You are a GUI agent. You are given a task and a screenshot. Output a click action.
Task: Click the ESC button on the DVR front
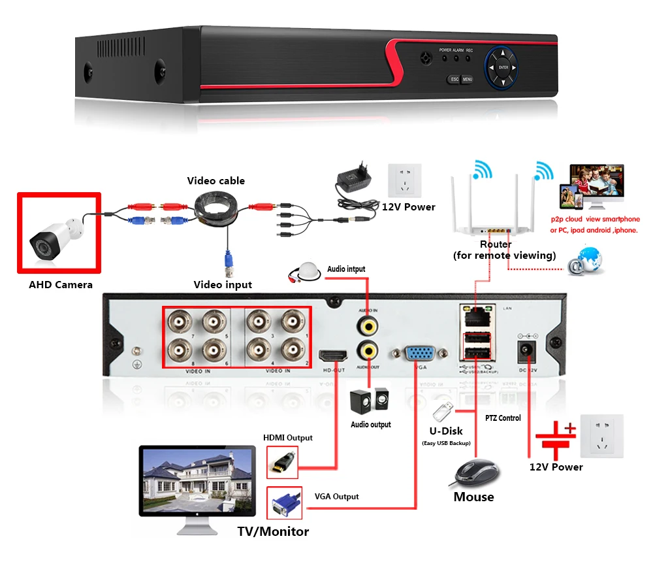[x=454, y=79]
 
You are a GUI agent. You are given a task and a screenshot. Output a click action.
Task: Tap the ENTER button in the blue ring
[x=503, y=67]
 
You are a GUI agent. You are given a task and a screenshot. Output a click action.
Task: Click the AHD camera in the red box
[x=58, y=235]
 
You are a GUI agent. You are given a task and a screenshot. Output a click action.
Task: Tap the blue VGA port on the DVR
[x=419, y=354]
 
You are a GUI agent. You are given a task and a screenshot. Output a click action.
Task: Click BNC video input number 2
[x=293, y=350]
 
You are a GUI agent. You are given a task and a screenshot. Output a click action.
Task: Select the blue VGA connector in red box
[x=283, y=504]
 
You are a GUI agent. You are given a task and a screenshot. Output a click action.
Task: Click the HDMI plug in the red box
[x=282, y=463]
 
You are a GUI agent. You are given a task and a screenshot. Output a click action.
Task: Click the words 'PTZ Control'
[x=503, y=418]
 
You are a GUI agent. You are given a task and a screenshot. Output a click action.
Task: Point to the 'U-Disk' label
[x=446, y=431]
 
